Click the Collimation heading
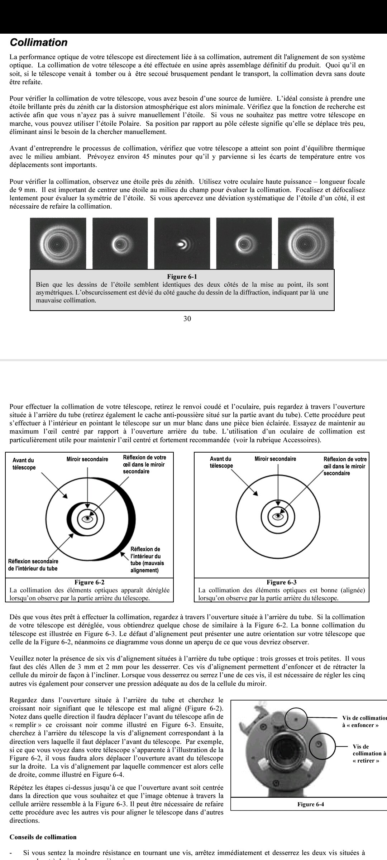pyautogui.click(x=39, y=43)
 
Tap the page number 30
pyautogui.click(x=187, y=319)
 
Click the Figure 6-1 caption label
pyautogui.click(x=182, y=277)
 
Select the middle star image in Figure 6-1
pyautogui.click(x=182, y=244)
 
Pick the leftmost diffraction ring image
pyautogui.click(x=58, y=244)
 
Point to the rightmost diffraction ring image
pyautogui.click(x=306, y=244)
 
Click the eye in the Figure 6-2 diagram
pyautogui.click(x=88, y=519)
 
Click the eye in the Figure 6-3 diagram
pyautogui.click(x=278, y=516)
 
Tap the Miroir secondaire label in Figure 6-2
pyautogui.click(x=87, y=459)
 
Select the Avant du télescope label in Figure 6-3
pyautogui.click(x=221, y=462)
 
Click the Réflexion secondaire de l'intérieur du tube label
pyautogui.click(x=33, y=565)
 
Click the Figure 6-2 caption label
pyautogui.click(x=89, y=582)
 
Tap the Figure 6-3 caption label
pyautogui.click(x=281, y=582)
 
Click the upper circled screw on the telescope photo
pyautogui.click(x=296, y=719)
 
